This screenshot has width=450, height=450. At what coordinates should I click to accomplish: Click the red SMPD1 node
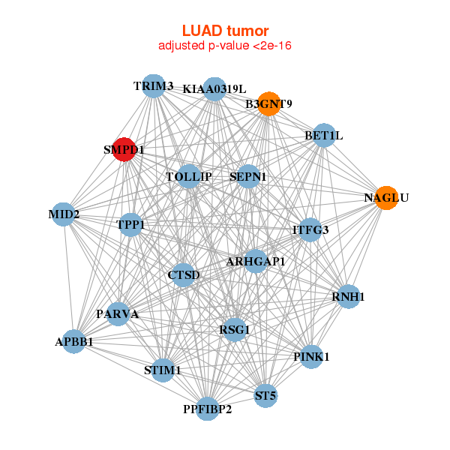[124, 149]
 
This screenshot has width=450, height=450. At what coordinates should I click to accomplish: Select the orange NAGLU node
[385, 198]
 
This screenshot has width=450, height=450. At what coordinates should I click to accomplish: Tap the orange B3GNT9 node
[268, 103]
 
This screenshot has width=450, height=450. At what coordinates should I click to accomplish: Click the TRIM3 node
[153, 85]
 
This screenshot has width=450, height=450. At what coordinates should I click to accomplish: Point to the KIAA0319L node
[214, 89]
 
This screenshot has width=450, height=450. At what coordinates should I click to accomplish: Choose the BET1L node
[324, 136]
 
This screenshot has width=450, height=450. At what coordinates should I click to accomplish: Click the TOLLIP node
[189, 176]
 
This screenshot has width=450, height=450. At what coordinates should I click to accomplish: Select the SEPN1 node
[248, 176]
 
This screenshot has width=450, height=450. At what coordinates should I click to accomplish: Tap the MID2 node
[64, 216]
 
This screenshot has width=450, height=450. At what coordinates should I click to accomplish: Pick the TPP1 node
[131, 224]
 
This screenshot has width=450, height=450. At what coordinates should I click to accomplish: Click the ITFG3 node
[310, 229]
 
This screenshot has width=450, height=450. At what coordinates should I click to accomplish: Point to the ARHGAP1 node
[256, 261]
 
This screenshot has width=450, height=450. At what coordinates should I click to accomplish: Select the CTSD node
[184, 275]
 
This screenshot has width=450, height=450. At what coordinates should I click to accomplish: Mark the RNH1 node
[348, 297]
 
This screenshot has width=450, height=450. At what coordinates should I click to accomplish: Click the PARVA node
[118, 313]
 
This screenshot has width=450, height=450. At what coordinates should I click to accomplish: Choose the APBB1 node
[74, 341]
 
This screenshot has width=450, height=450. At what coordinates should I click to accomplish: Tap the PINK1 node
[311, 356]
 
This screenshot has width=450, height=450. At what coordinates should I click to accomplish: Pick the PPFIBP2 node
[208, 409]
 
